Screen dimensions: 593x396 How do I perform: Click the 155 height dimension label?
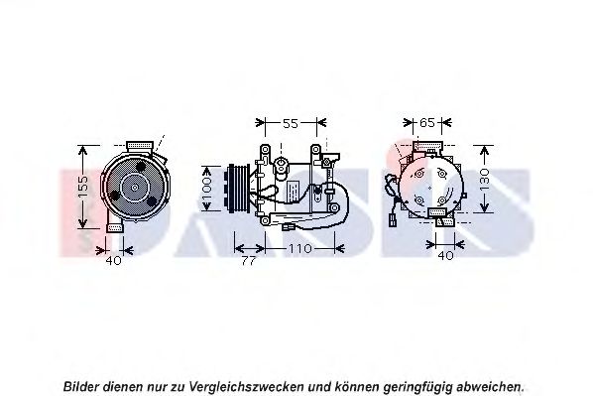tap(84, 188)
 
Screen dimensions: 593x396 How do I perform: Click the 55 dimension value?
tap(291, 123)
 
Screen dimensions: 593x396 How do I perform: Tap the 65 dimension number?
tap(427, 123)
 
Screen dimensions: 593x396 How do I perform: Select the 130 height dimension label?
tap(484, 180)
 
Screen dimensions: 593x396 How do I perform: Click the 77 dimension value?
tap(248, 261)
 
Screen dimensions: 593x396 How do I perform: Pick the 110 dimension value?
tap(300, 249)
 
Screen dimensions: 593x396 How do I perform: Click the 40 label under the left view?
tap(113, 260)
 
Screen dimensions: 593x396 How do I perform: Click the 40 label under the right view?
tap(445, 256)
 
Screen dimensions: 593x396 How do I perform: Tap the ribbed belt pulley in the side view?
tap(239, 188)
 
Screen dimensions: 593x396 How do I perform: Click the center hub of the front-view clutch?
tap(135, 188)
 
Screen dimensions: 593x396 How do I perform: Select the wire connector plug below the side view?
tap(289, 227)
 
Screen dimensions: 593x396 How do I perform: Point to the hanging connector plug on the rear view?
tap(394, 220)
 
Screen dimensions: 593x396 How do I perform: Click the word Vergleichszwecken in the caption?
tap(246, 387)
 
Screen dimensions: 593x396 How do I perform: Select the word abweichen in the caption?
tap(490, 387)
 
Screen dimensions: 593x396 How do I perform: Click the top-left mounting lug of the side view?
tap(265, 150)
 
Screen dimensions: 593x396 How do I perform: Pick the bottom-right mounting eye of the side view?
tap(334, 207)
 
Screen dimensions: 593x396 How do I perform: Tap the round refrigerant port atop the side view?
tap(281, 164)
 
